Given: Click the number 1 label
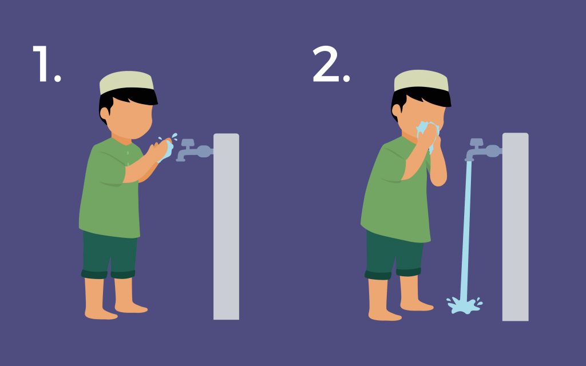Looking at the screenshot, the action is coord(46,63).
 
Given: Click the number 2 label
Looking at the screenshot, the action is coord(331,63).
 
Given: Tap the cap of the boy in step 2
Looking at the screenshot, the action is coord(421,80).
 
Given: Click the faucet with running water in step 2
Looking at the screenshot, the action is coord(483,149).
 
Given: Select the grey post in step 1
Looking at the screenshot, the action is coord(226,226).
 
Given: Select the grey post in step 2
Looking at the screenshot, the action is coord(516,226).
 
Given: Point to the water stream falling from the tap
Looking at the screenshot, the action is coord(466,230).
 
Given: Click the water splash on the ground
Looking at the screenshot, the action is coord(465,305).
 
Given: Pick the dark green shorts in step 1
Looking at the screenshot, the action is coord(109,254).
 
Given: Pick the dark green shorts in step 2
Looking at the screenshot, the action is coord(393,255).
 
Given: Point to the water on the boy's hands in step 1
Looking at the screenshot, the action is coord(167,149).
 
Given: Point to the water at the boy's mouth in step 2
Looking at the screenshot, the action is coord(427,134).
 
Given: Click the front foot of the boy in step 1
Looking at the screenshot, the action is coord(131,307).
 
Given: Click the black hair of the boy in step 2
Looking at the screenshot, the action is coord(418,98).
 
